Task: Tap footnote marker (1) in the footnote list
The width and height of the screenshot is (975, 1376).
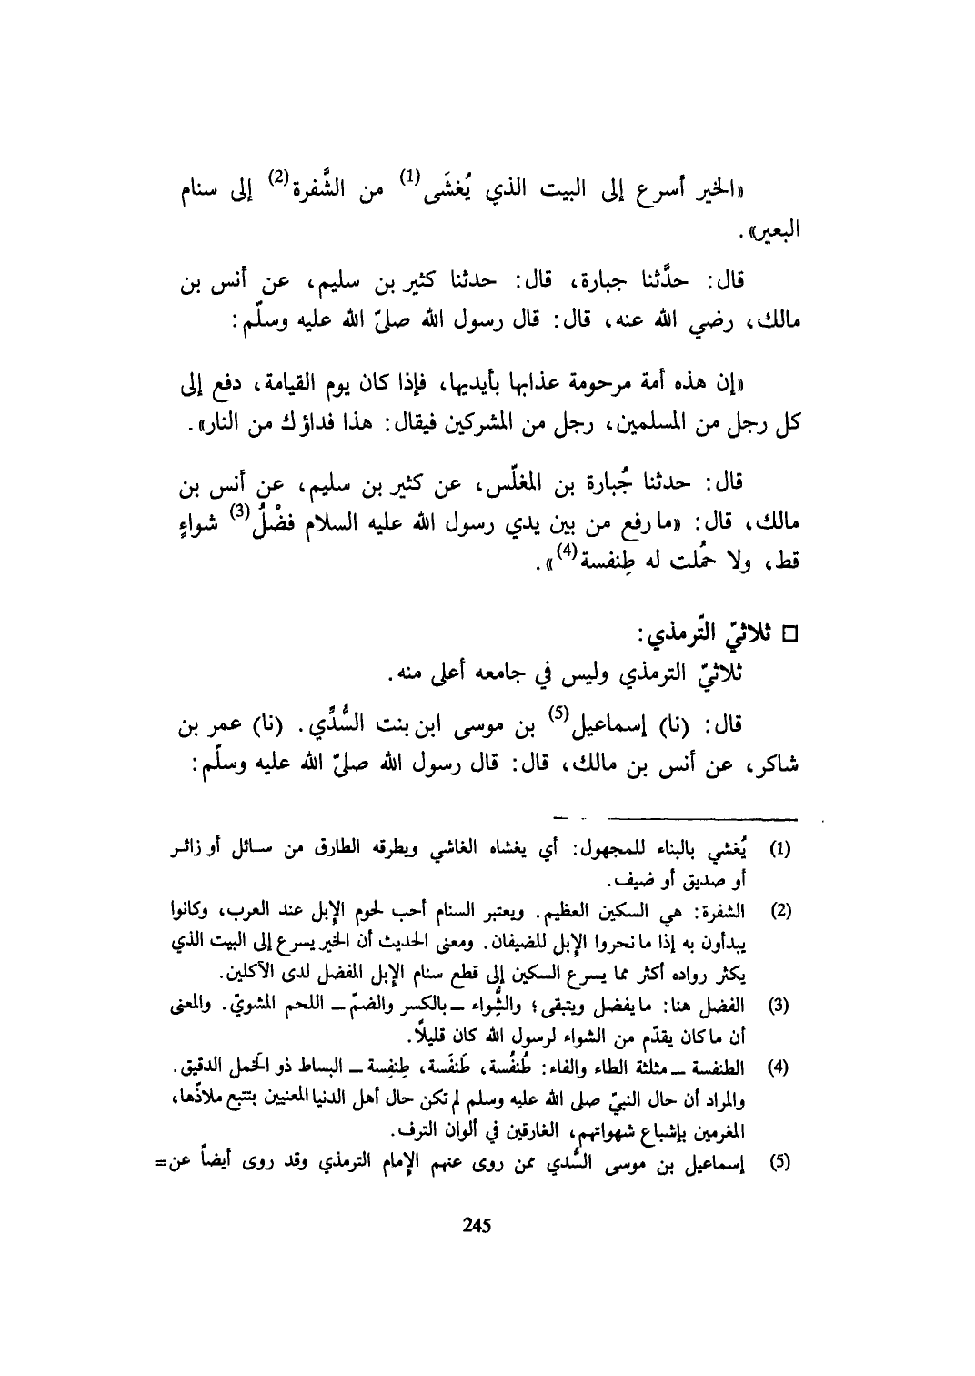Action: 780,850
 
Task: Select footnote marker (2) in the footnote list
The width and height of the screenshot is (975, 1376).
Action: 780,909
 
